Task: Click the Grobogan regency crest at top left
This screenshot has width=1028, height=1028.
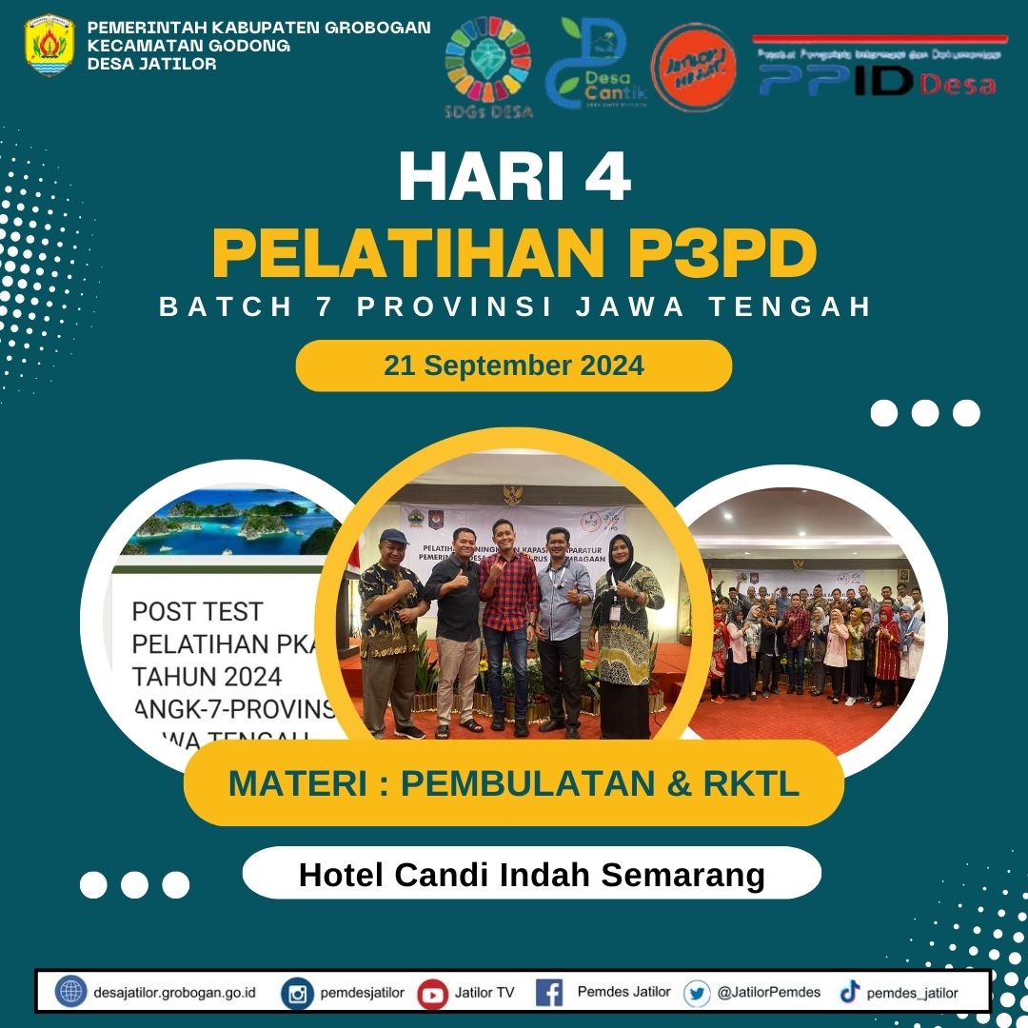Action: tap(49, 45)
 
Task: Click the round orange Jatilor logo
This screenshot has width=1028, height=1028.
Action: tap(693, 67)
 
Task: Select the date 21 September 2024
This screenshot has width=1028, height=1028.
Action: tap(514, 366)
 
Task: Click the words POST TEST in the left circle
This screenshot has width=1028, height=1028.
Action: tap(197, 610)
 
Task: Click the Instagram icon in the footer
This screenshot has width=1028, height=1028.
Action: tap(297, 994)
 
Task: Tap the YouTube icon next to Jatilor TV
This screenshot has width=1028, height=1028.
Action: tap(433, 994)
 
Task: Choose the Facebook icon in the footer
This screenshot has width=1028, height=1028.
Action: tap(549, 993)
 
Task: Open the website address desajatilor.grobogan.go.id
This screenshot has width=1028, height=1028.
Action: tap(175, 993)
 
